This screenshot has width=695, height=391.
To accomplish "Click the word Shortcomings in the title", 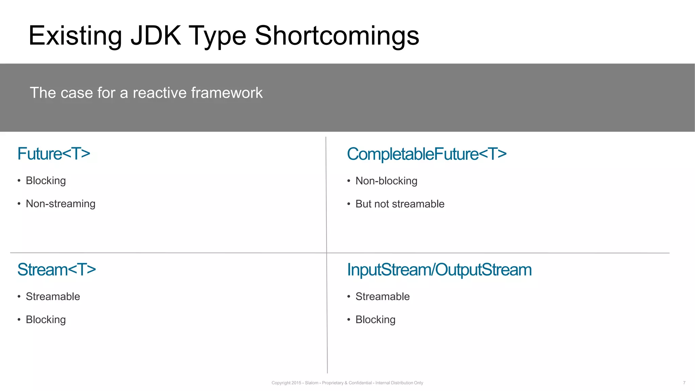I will pyautogui.click(x=337, y=36).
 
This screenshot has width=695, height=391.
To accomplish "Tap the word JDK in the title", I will pyautogui.click(x=156, y=36).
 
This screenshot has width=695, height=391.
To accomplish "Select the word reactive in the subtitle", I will pyautogui.click(x=159, y=93).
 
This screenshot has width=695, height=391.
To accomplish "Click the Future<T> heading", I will pyautogui.click(x=54, y=154).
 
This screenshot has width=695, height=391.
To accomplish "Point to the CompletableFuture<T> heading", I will pyautogui.click(x=427, y=154).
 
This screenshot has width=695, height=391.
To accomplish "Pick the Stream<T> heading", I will pyautogui.click(x=56, y=270).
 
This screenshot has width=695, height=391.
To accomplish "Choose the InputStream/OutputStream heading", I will pyautogui.click(x=439, y=270).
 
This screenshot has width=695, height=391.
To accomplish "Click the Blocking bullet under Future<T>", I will pyautogui.click(x=46, y=181).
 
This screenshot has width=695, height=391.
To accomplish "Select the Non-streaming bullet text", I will pyautogui.click(x=60, y=204).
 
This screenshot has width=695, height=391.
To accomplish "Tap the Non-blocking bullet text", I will pyautogui.click(x=386, y=181).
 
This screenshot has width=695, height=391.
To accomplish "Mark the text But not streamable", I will pyautogui.click(x=400, y=204).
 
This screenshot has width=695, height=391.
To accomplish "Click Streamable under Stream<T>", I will pyautogui.click(x=53, y=297).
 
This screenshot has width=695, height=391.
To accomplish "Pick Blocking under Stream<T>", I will pyautogui.click(x=46, y=320).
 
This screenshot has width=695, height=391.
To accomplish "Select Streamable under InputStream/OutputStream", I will pyautogui.click(x=382, y=297).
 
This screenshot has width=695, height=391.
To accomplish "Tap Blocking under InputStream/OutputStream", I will pyautogui.click(x=375, y=320).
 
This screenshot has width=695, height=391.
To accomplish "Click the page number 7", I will pyautogui.click(x=684, y=383).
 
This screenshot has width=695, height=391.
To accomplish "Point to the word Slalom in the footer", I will pyautogui.click(x=312, y=383).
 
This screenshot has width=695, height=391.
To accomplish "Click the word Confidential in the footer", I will pyautogui.click(x=360, y=383).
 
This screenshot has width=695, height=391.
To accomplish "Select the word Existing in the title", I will pyautogui.click(x=75, y=36).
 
